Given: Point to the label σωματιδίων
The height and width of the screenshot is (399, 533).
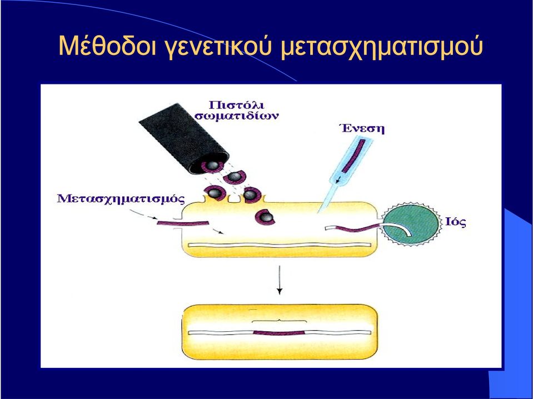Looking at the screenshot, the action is click(x=237, y=116).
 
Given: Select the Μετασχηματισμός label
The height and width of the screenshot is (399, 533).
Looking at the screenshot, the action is click(x=121, y=199).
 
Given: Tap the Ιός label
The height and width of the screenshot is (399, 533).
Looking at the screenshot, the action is click(x=456, y=222).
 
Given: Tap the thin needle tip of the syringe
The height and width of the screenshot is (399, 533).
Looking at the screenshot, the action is click(x=318, y=212).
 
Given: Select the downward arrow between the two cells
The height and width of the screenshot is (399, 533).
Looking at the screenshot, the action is click(x=280, y=280).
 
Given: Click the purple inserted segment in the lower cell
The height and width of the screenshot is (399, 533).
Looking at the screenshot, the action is click(x=279, y=333).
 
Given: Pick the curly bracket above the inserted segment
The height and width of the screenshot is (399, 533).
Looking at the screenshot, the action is click(x=279, y=321).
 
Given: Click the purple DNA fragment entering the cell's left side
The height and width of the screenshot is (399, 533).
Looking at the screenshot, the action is click(x=182, y=223).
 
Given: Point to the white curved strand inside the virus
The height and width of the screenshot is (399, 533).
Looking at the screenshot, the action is click(x=398, y=228).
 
